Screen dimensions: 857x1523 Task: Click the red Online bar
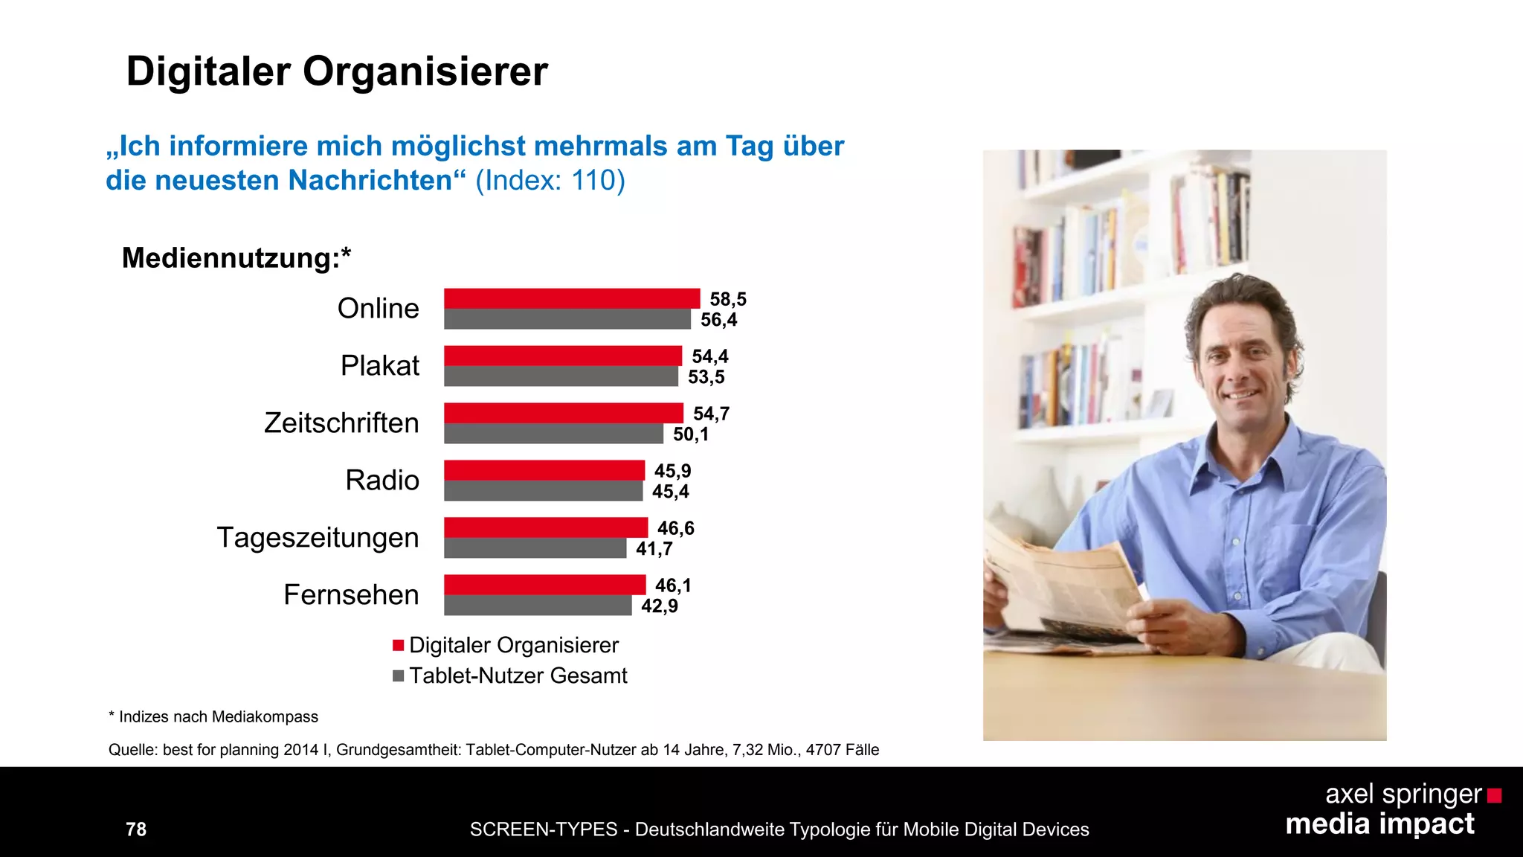click(572, 298)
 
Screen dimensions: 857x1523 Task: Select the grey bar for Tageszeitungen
click(535, 548)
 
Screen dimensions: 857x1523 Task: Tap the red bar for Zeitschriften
click(564, 413)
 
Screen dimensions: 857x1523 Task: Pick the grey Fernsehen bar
click(538, 606)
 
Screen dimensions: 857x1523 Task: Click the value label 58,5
click(728, 299)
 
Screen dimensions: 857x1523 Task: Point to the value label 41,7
click(654, 549)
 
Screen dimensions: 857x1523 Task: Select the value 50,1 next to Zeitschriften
click(691, 434)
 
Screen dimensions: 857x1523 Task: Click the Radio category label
click(382, 481)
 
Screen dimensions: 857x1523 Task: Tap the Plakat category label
click(380, 366)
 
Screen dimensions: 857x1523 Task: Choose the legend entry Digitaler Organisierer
click(513, 645)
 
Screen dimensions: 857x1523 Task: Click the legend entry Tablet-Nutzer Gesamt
click(518, 675)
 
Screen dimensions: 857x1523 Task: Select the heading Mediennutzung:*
click(236, 258)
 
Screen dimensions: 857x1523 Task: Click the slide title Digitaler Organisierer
click(337, 71)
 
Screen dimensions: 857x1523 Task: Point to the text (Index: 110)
click(550, 180)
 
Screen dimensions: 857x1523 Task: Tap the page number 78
click(136, 829)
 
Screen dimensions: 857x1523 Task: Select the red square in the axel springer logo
click(1494, 796)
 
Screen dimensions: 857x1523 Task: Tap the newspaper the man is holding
click(1063, 588)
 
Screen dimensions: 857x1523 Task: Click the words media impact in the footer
click(1379, 824)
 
